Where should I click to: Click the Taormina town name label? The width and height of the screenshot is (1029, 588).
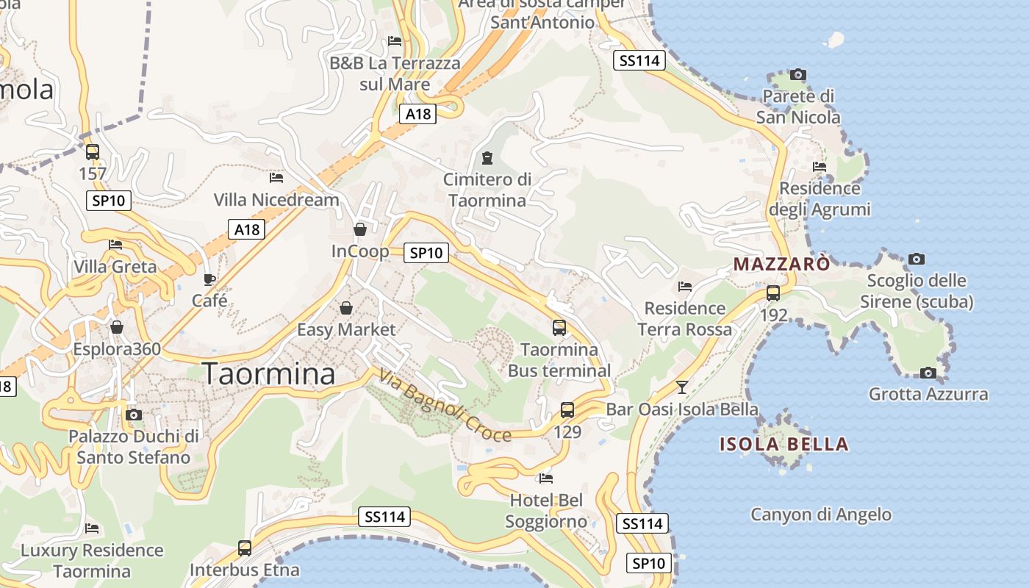(268, 373)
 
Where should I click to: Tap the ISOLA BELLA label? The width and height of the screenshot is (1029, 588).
(784, 444)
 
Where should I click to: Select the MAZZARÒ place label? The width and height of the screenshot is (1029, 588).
(782, 264)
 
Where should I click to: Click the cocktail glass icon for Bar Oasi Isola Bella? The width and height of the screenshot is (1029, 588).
(682, 387)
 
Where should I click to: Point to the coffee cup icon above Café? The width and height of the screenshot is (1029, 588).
(209, 279)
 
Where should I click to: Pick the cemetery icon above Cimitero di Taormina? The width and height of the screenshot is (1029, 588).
(487, 157)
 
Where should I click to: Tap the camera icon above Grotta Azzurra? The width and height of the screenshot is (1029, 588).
(928, 373)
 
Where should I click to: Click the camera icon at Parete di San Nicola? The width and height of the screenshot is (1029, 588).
(797, 74)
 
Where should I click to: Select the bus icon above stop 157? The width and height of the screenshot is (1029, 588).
(93, 152)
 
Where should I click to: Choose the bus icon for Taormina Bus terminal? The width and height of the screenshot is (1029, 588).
(559, 327)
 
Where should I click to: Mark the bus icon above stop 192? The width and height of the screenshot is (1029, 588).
(773, 293)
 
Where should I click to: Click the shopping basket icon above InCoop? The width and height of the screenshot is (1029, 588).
(360, 229)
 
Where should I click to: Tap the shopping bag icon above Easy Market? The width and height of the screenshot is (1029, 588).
(345, 308)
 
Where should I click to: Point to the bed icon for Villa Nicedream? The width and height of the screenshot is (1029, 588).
(276, 178)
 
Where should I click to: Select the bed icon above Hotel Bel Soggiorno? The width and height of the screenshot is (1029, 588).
(545, 478)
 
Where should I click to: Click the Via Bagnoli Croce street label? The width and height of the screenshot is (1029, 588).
(445, 406)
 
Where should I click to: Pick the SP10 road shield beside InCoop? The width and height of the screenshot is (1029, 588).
(426, 253)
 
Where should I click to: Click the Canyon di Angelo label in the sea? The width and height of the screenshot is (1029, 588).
(820, 514)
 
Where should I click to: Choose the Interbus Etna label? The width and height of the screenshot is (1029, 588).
(245, 570)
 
